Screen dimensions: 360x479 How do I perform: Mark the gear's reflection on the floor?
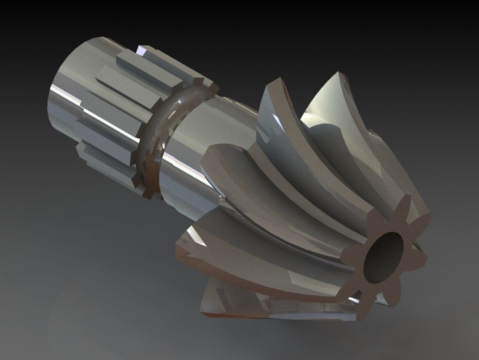pyautogui.click(x=269, y=308)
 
